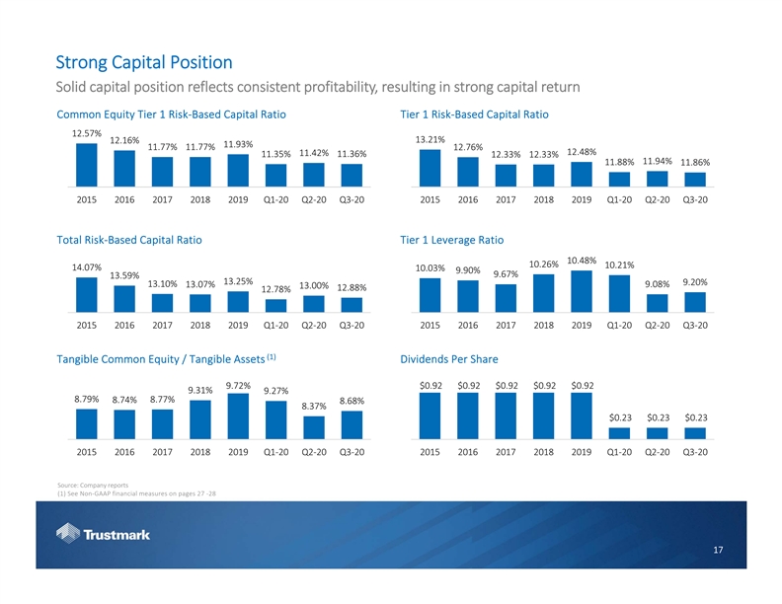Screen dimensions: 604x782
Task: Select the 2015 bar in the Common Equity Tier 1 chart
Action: click(87, 165)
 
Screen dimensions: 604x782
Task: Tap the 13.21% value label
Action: click(430, 139)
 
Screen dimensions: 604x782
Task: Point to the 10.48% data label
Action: click(582, 261)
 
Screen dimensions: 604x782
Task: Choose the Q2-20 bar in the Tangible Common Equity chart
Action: click(314, 426)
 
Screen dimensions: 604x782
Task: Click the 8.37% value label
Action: click(314, 406)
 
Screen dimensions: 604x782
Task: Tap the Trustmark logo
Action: click(104, 536)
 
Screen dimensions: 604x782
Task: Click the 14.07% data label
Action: click(87, 266)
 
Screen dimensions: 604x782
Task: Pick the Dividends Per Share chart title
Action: click(449, 358)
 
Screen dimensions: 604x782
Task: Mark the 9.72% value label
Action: click(238, 385)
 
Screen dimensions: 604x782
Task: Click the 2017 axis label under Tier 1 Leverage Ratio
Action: click(506, 324)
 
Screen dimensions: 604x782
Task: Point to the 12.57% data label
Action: click(87, 133)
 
